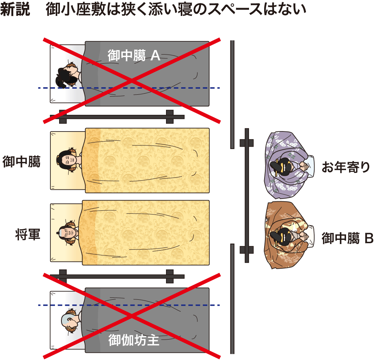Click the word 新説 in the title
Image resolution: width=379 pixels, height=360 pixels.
(15, 9)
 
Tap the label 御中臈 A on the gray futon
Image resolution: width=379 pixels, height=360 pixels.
(134, 55)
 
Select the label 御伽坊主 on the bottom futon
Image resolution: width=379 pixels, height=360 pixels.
(134, 340)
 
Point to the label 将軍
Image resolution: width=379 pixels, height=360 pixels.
(28, 234)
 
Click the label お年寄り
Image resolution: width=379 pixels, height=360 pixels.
(346, 167)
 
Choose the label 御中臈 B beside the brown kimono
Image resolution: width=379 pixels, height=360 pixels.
(348, 238)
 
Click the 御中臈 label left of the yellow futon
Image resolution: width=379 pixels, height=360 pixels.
(21, 161)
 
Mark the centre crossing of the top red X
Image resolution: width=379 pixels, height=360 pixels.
(132, 81)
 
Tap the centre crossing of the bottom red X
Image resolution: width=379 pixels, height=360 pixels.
(132, 316)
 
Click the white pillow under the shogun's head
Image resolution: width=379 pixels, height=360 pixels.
(66, 233)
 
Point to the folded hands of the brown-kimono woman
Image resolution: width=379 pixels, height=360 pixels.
(304, 236)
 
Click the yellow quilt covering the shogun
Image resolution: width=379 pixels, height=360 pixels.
(146, 233)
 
